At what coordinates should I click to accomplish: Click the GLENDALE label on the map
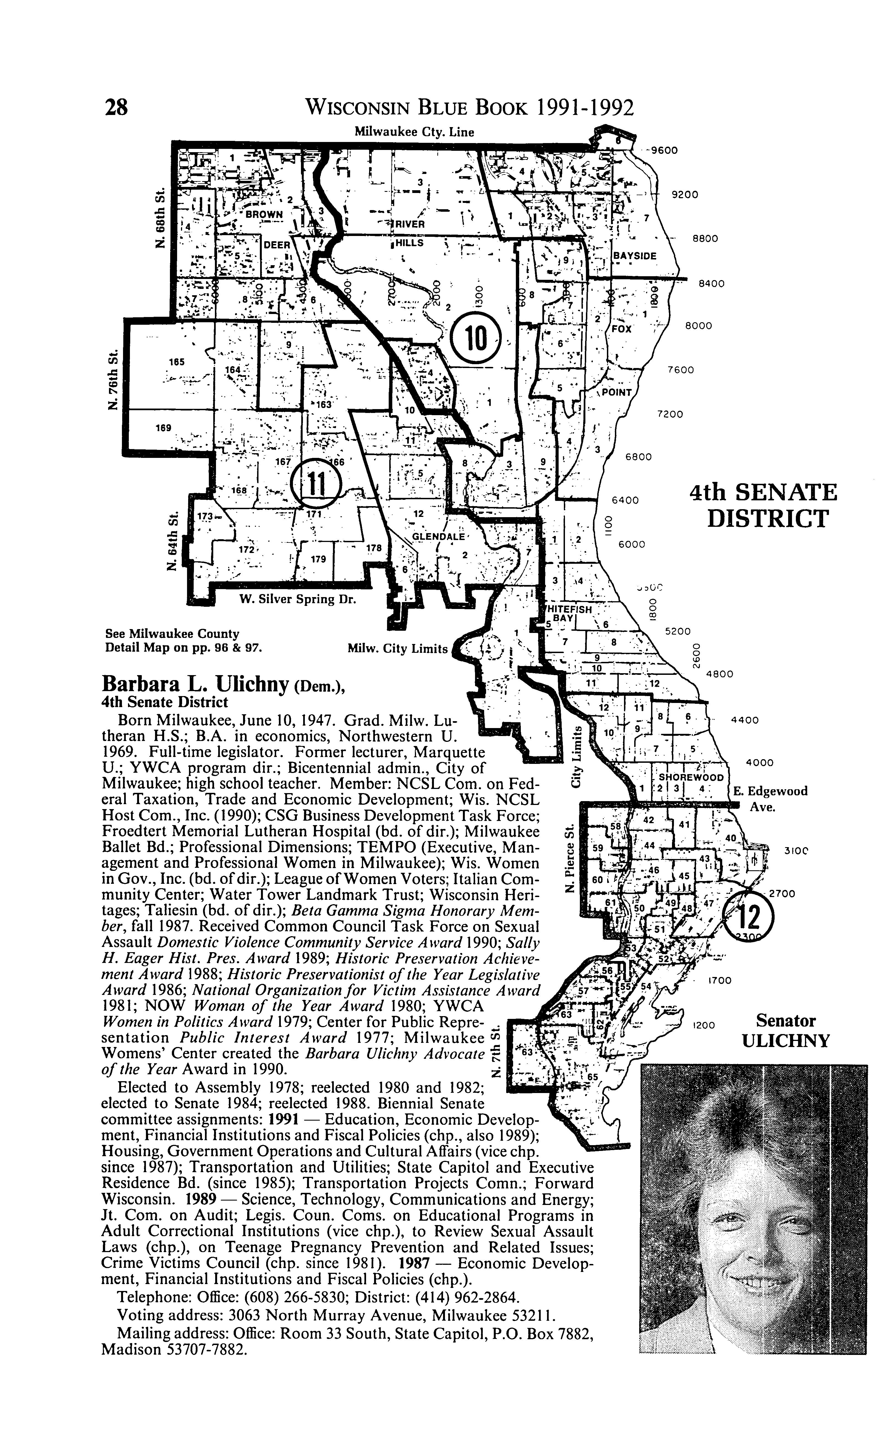coord(438,536)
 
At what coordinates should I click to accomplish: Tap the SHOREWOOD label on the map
coord(691,777)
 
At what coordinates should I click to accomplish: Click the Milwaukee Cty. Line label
coord(414,131)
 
